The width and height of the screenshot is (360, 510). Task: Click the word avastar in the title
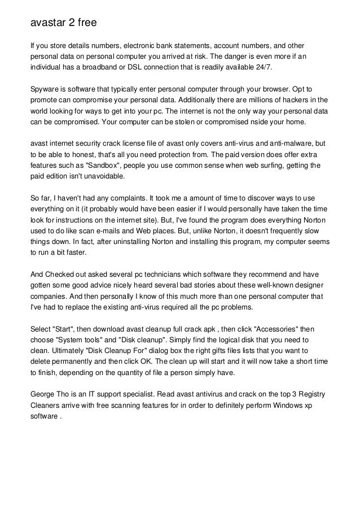click(48, 24)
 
